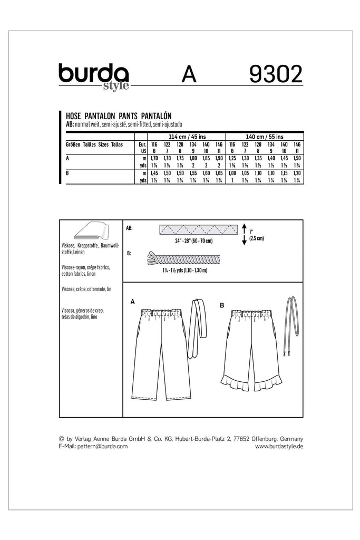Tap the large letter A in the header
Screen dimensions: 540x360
[190, 75]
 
